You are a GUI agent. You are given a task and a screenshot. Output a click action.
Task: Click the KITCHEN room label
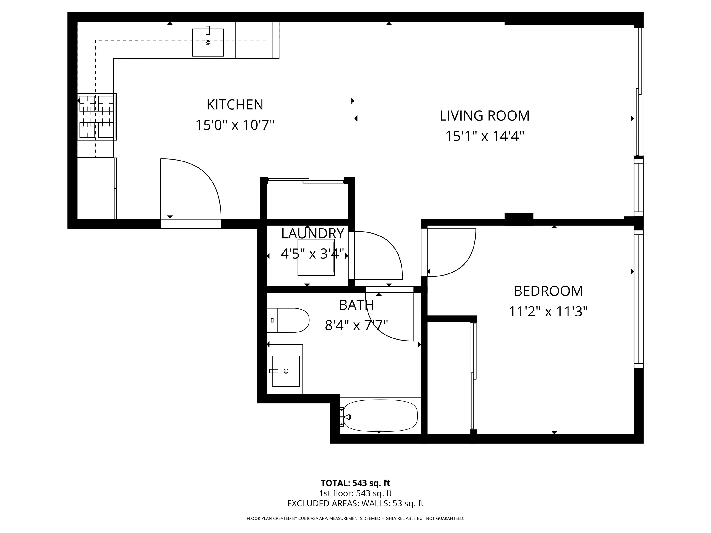[235, 105]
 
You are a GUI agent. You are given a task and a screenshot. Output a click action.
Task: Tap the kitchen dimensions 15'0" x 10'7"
[235, 125]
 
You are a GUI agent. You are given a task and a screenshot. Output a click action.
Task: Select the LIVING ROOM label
[484, 116]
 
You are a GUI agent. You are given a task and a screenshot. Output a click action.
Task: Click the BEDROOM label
[548, 291]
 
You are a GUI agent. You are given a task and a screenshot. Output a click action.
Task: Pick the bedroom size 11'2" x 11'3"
[548, 312]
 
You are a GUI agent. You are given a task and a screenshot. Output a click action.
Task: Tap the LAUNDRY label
[312, 234]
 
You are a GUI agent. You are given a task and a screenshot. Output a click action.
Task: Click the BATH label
[356, 305]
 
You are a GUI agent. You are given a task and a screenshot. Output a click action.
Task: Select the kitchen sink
[208, 42]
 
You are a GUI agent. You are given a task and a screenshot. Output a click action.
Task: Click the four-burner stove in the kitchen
[97, 117]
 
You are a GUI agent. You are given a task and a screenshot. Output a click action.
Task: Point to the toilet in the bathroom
[288, 320]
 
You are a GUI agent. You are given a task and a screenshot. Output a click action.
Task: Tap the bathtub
[380, 416]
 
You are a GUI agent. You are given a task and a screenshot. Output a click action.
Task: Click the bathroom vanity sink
[286, 371]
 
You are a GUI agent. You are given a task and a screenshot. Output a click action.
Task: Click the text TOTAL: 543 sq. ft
[355, 483]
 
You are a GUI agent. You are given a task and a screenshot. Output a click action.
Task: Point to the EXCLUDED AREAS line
[355, 503]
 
